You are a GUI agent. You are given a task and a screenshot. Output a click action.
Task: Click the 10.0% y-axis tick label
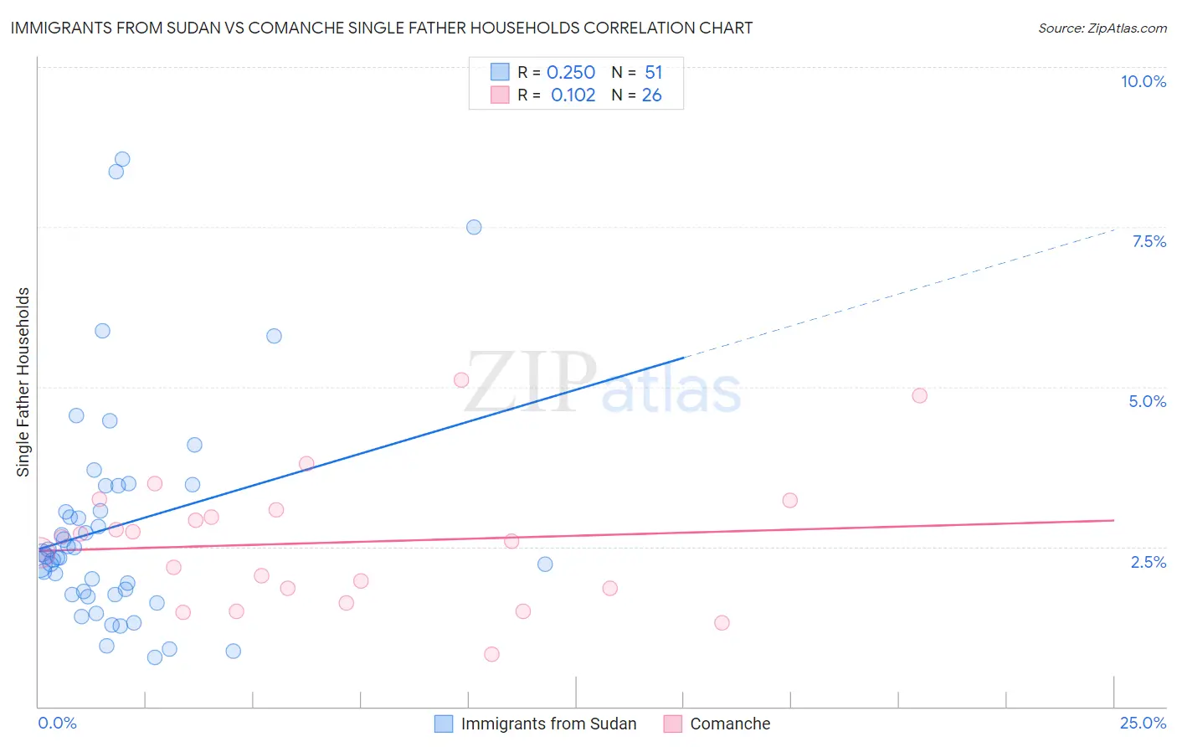click(1143, 81)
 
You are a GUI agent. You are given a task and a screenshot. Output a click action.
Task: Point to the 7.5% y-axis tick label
click(1149, 241)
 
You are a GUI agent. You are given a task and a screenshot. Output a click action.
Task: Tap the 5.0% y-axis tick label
click(1147, 401)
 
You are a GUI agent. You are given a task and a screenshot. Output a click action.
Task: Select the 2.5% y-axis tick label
click(1148, 562)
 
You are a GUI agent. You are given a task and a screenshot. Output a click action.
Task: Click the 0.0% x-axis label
click(57, 723)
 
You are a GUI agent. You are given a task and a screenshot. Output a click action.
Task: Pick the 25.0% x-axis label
click(1143, 723)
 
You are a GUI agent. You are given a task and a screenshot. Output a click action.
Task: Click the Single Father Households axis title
click(23, 382)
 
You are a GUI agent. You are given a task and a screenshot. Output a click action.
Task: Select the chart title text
click(381, 28)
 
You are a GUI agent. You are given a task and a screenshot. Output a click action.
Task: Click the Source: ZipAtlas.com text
click(1102, 28)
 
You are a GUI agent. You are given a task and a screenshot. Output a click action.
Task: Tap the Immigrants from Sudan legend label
click(548, 724)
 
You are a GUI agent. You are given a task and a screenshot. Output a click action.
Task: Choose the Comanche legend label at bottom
click(730, 724)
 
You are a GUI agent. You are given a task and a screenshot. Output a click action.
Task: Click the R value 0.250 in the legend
click(570, 73)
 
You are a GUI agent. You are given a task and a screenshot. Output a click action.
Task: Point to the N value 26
click(651, 95)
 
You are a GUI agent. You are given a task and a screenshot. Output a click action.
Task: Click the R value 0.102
click(573, 95)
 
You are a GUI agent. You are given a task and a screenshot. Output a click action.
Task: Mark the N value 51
click(653, 73)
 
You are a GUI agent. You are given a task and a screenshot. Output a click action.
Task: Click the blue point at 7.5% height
click(474, 227)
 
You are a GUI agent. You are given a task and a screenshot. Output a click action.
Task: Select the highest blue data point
click(122, 159)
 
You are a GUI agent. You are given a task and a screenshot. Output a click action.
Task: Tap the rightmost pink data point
click(919, 395)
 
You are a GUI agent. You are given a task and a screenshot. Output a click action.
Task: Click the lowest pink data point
click(491, 654)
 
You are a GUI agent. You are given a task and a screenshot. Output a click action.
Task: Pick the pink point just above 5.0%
click(460, 380)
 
